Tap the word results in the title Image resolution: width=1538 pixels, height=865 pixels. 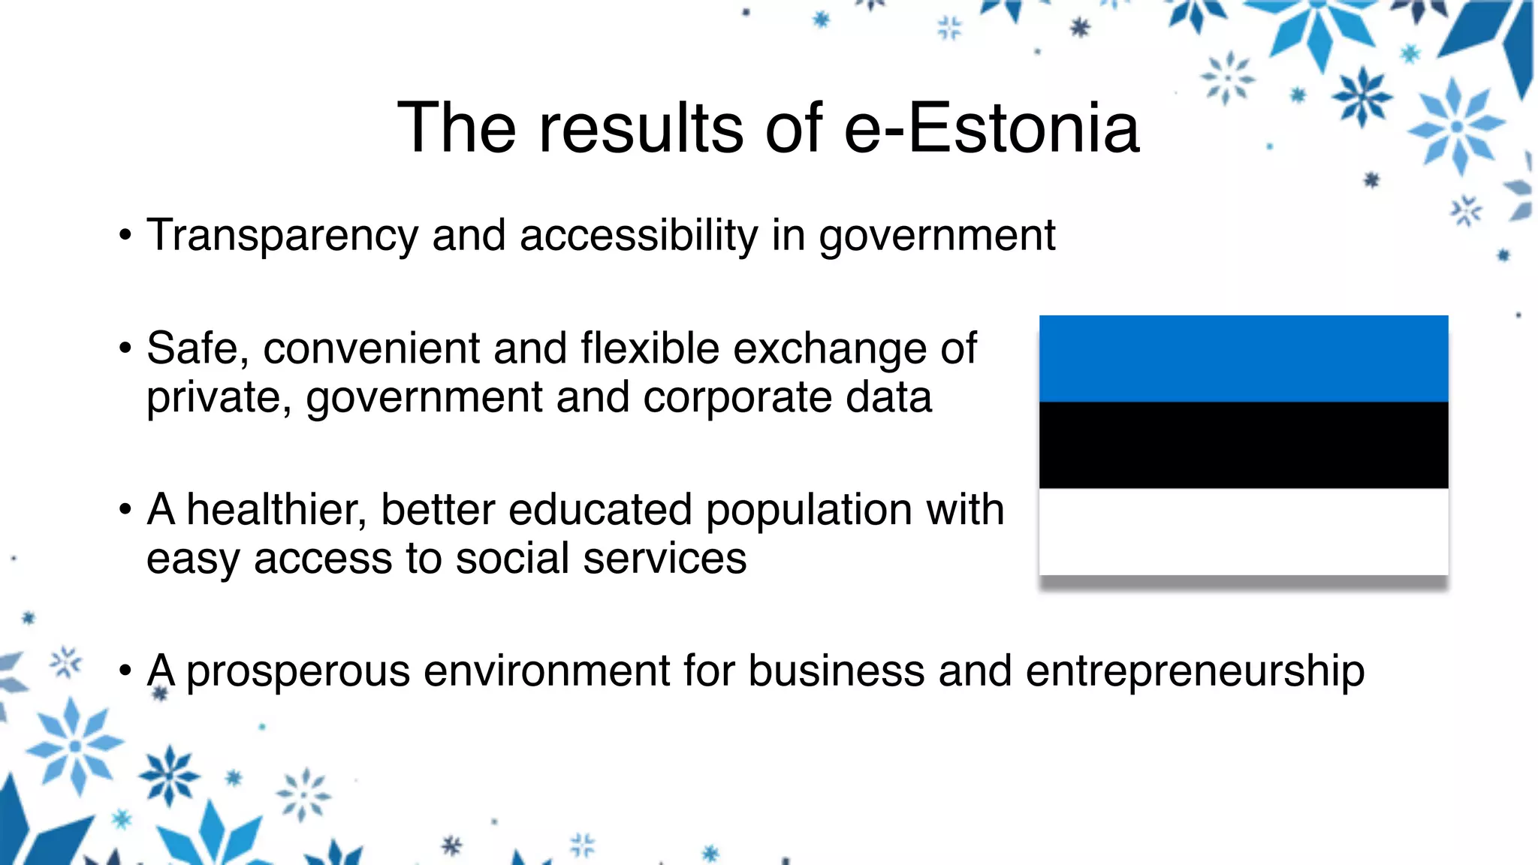[641, 128]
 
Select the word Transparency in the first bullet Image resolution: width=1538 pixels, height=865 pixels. [282, 236]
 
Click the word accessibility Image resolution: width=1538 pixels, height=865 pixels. [638, 236]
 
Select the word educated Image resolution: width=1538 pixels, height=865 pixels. [600, 510]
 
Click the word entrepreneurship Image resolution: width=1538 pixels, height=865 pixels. [1195, 671]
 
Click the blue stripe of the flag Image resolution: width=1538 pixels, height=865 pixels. [1244, 359]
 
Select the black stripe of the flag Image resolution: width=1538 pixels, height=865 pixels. [1244, 445]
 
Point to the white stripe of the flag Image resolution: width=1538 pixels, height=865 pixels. [1244, 532]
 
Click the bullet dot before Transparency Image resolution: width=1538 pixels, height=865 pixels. [125, 236]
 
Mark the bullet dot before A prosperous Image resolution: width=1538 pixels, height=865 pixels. [125, 670]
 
